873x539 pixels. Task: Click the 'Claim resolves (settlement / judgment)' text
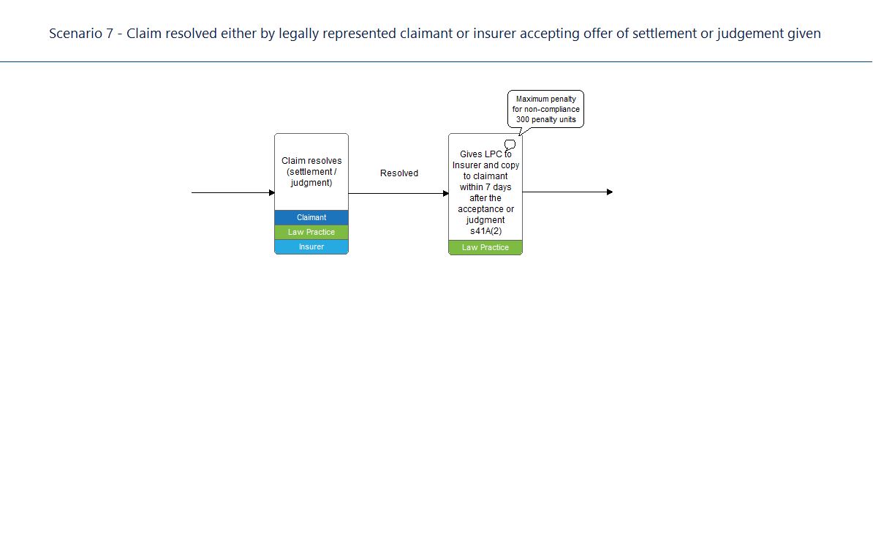[311, 171]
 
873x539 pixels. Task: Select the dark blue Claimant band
[311, 217]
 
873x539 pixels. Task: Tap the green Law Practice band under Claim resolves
[311, 232]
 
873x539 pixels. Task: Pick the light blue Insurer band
[311, 246]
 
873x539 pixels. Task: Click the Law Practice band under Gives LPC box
[485, 247]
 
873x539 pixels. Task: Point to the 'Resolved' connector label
[399, 173]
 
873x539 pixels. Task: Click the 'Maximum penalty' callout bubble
[545, 109]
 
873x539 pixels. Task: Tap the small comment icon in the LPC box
[510, 145]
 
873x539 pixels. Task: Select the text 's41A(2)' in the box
[485, 231]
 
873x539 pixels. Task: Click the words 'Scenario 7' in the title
[81, 34]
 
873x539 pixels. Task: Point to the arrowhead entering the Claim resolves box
[272, 192]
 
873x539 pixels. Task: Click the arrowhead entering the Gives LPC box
[446, 194]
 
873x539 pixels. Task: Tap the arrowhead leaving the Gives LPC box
[610, 192]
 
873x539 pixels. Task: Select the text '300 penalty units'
[545, 120]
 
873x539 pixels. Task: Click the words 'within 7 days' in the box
[485, 187]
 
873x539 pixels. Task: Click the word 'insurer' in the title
[494, 34]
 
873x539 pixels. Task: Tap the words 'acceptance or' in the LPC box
[485, 209]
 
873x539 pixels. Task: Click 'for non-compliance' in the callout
[545, 109]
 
